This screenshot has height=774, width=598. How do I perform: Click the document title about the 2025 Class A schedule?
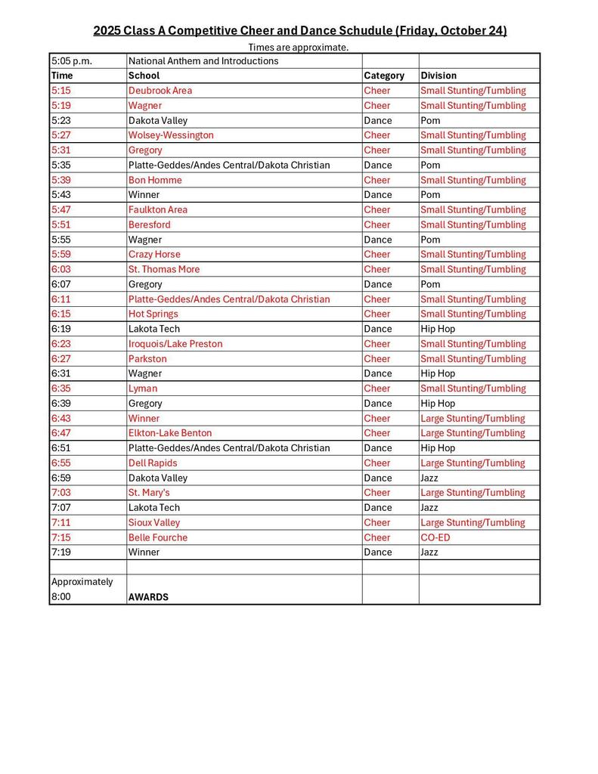pyautogui.click(x=299, y=30)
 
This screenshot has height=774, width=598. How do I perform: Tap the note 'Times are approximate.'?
pyautogui.click(x=299, y=47)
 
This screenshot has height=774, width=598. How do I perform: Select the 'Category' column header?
pyautogui.click(x=384, y=76)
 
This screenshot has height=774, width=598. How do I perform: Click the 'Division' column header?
pyautogui.click(x=438, y=76)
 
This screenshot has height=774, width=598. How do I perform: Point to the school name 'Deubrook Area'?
pyautogui.click(x=160, y=91)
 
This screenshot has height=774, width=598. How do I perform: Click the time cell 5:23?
pyautogui.click(x=61, y=120)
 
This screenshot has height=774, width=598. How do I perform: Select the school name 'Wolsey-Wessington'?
pyautogui.click(x=171, y=135)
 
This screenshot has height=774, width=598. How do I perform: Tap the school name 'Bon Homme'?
pyautogui.click(x=155, y=180)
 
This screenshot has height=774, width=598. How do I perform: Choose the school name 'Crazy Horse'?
pyautogui.click(x=154, y=255)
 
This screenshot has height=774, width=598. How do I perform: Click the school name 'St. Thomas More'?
pyautogui.click(x=164, y=269)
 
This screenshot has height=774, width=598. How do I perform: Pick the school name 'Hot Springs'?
pyautogui.click(x=153, y=314)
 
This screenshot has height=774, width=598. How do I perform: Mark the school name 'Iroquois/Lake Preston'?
pyautogui.click(x=175, y=344)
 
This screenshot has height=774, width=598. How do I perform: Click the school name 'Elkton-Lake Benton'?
pyautogui.click(x=170, y=433)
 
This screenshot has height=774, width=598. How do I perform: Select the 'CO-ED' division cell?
pyautogui.click(x=434, y=537)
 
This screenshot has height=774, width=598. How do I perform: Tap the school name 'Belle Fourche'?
pyautogui.click(x=158, y=537)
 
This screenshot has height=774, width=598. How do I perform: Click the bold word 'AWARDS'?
pyautogui.click(x=148, y=597)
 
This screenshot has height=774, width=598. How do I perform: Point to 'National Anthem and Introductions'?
pyautogui.click(x=203, y=61)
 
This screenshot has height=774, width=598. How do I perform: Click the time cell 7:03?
pyautogui.click(x=61, y=493)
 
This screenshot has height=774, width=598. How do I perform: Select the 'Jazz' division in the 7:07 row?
pyautogui.click(x=430, y=508)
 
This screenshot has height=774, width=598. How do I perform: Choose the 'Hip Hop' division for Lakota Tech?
pyautogui.click(x=438, y=329)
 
